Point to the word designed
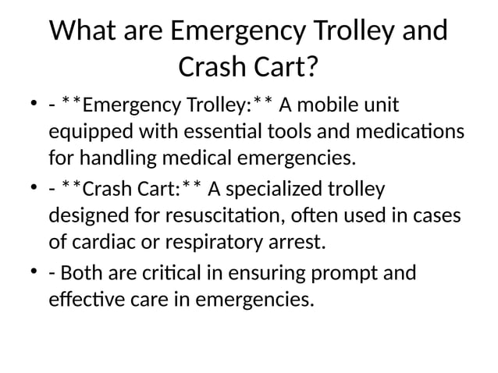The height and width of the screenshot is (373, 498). (89, 216)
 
